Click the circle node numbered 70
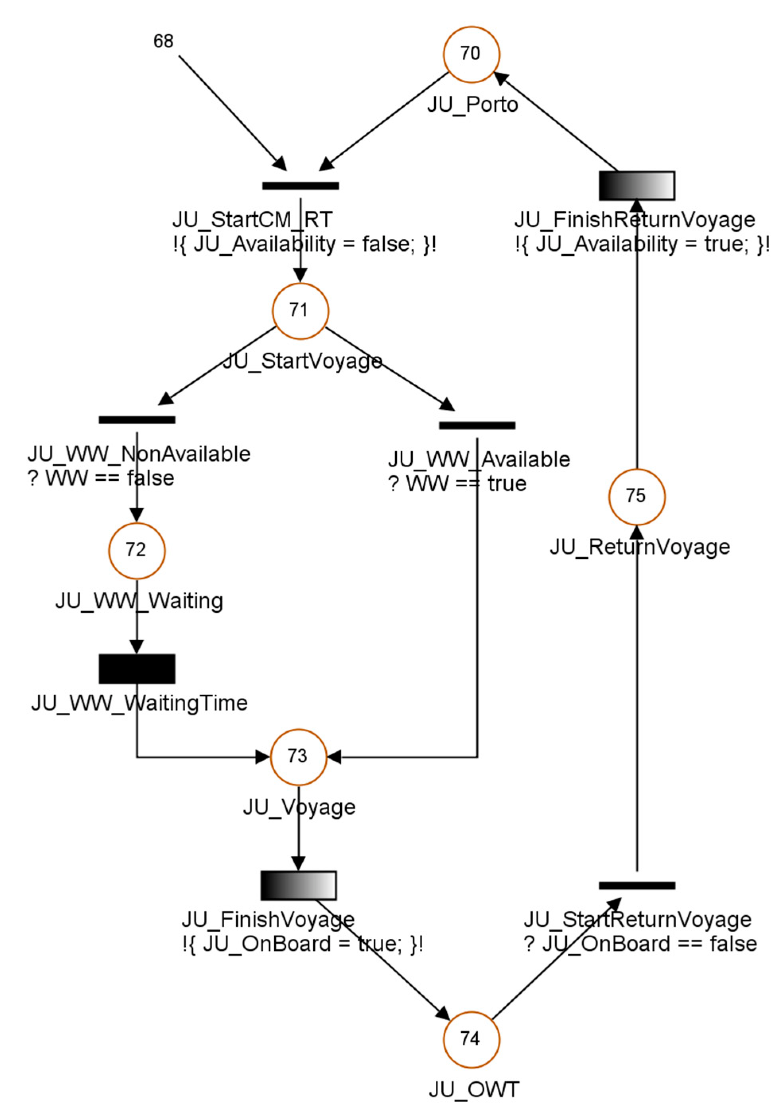tap(471, 54)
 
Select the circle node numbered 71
tap(300, 311)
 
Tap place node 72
tap(137, 550)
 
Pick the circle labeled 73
tap(298, 756)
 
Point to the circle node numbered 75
tap(636, 497)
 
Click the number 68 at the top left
tap(163, 41)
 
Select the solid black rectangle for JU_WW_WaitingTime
tap(137, 669)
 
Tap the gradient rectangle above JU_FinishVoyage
tap(298, 886)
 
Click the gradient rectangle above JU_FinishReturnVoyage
tap(636, 185)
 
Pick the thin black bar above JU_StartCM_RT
tap(300, 185)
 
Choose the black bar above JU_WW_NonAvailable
tap(137, 420)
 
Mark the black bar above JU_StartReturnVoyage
tap(636, 886)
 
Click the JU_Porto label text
tap(472, 105)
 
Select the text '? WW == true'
tap(457, 484)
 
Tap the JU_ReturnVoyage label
tap(639, 547)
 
